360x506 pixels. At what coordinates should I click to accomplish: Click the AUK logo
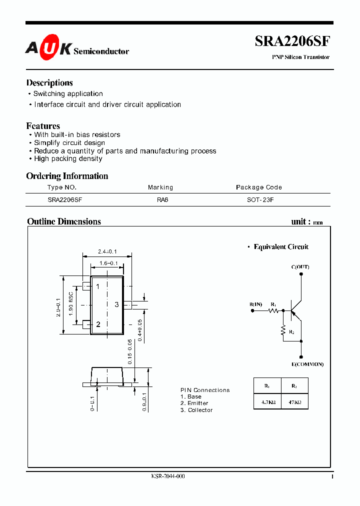tap(48, 48)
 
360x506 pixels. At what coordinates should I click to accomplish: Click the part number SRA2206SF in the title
tap(292, 41)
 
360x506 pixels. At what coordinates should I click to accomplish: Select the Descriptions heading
tap(49, 83)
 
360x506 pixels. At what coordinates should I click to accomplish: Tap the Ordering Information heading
tap(67, 176)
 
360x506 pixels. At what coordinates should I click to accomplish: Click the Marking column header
tap(160, 187)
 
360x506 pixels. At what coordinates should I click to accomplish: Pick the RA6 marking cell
tap(160, 199)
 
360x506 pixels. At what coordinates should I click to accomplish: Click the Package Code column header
tap(258, 187)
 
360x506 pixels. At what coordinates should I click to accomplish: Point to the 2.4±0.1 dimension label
tap(107, 251)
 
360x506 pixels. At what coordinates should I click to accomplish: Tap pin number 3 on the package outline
tap(116, 304)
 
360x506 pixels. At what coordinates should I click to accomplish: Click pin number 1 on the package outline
tap(98, 286)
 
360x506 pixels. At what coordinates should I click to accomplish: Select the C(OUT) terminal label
tap(300, 267)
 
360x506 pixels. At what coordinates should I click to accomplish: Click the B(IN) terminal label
tap(256, 304)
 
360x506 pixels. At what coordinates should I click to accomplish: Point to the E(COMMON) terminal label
tap(307, 364)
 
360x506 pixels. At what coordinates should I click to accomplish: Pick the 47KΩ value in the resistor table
tap(294, 402)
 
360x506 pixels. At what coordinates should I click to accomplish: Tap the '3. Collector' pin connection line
tap(196, 410)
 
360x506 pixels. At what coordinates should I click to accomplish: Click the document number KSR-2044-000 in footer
tap(168, 476)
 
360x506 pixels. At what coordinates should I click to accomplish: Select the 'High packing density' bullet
tap(68, 159)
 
